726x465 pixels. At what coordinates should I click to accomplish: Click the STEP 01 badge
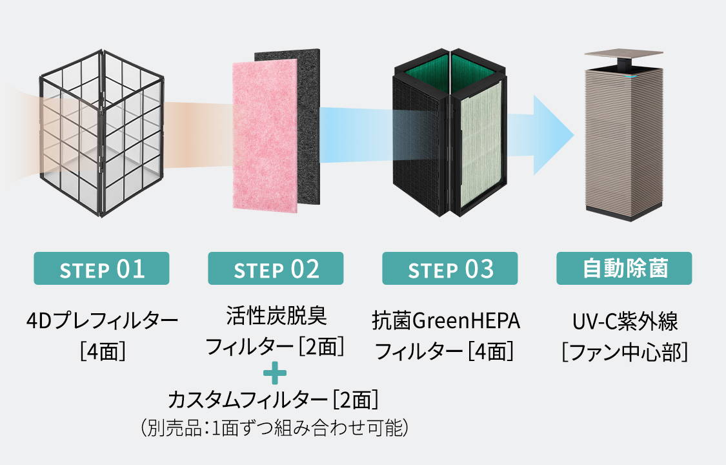point(101,268)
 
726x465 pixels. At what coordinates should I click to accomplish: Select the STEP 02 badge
point(276,268)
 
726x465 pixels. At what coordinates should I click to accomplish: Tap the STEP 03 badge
point(450,268)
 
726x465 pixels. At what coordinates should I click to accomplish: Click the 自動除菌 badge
point(624,268)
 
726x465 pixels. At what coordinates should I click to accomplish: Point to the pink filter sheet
point(265,138)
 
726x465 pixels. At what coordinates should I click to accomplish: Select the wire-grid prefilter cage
point(102,133)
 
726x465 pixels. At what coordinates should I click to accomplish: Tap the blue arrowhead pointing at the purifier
point(554,135)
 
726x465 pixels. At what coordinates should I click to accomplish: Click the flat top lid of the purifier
point(623,54)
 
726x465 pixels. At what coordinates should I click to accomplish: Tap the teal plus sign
point(274,373)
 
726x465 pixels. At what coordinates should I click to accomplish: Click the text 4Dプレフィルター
point(103,320)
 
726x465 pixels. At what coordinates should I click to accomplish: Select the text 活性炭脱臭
point(276,316)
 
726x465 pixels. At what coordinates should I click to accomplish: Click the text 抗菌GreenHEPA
point(446,321)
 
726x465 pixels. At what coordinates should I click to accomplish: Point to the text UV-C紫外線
point(625,321)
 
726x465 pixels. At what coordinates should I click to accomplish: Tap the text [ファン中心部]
point(625,352)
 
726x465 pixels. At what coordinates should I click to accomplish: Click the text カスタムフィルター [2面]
point(273,400)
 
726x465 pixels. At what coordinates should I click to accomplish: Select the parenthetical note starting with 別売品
point(274,428)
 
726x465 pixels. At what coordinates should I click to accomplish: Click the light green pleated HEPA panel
point(481,147)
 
